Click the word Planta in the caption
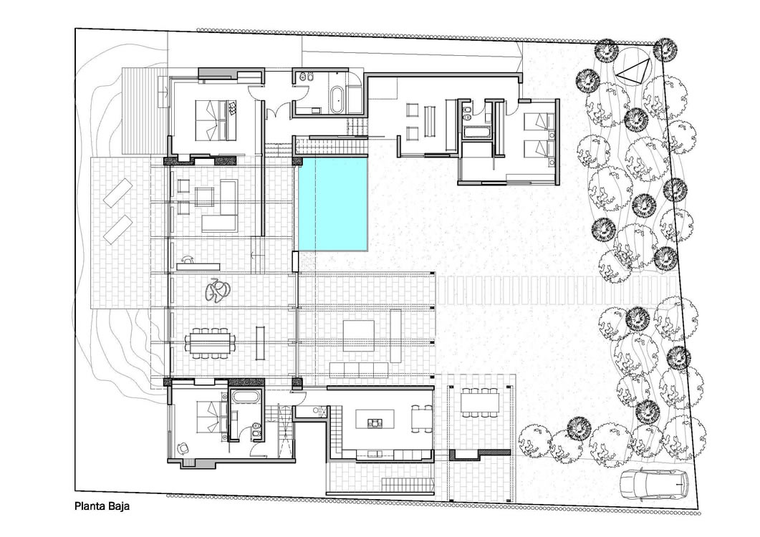(x=87, y=506)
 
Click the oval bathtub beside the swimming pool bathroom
(x=337, y=100)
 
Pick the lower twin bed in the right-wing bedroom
(x=539, y=147)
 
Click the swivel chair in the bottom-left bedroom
(x=183, y=448)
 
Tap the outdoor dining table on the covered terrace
(x=480, y=402)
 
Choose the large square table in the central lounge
(x=358, y=335)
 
